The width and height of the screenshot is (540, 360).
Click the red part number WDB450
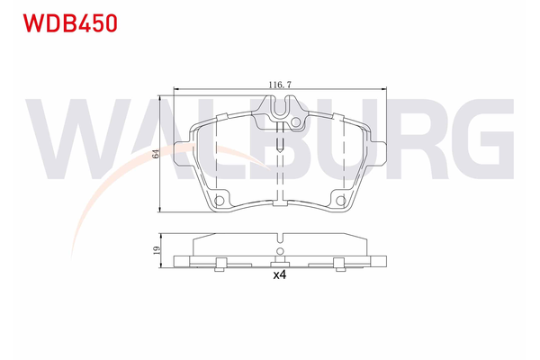(70, 23)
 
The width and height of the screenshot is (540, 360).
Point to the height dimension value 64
(156, 154)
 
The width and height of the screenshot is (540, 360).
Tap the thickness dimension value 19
(157, 250)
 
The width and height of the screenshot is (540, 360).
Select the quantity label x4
(280, 274)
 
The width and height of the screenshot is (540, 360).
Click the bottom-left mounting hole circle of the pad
(219, 201)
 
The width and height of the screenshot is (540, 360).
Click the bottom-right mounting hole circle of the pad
(340, 201)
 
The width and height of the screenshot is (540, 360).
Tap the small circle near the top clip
(295, 122)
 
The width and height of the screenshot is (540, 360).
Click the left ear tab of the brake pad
(184, 154)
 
